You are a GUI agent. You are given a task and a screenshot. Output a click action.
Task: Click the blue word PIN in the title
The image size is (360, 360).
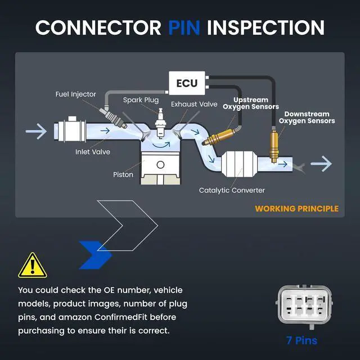(184, 28)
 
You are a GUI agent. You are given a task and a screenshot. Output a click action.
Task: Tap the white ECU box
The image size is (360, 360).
(187, 83)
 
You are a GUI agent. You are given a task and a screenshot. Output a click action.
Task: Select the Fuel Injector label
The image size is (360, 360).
(75, 94)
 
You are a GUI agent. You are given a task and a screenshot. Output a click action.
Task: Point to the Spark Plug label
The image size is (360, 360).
(141, 100)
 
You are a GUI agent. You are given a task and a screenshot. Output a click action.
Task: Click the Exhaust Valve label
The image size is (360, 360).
(194, 104)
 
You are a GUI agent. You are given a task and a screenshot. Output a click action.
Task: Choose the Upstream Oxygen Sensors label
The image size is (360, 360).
(251, 103)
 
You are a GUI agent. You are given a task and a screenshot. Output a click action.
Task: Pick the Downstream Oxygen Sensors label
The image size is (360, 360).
(307, 118)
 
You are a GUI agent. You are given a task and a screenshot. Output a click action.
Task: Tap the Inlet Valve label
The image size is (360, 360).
(92, 152)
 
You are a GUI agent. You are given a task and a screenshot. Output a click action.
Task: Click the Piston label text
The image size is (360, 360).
(123, 174)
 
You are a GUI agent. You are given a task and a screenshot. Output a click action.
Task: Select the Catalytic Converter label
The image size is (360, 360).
(232, 190)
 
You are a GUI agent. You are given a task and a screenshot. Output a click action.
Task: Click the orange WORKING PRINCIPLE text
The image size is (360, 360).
(296, 209)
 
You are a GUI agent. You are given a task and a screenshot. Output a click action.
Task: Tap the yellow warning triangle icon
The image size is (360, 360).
(33, 266)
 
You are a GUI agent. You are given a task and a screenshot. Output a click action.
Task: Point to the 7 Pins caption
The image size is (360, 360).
(301, 340)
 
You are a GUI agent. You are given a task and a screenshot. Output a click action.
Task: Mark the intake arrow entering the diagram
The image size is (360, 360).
(36, 131)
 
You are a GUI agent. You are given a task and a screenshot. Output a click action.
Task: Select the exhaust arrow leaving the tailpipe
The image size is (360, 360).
(321, 164)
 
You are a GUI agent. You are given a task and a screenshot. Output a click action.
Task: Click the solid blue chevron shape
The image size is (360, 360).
(95, 255)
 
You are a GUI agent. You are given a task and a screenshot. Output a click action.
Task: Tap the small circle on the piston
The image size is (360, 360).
(160, 165)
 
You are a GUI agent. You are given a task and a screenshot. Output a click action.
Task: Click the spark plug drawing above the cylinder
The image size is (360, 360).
(160, 124)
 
